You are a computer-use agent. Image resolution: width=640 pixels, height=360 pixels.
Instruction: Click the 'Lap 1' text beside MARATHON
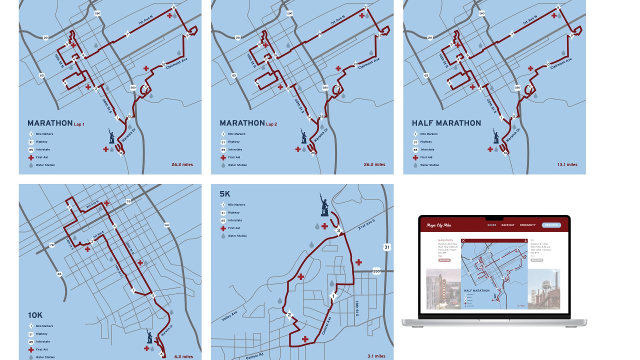(x=79, y=124)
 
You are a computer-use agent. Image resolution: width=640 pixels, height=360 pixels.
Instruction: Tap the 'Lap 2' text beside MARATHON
(x=271, y=124)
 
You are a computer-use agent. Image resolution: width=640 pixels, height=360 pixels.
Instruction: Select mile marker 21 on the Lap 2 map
(x=366, y=7)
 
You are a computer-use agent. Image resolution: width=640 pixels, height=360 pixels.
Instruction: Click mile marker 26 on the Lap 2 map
(x=312, y=153)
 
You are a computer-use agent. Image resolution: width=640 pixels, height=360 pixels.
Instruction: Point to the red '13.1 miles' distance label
(x=567, y=164)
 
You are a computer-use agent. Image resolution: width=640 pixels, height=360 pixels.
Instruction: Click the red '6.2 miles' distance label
(x=183, y=356)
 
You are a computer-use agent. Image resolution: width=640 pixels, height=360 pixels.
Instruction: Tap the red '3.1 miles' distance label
(x=375, y=356)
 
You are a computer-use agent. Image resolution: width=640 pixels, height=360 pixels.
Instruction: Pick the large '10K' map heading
(x=35, y=315)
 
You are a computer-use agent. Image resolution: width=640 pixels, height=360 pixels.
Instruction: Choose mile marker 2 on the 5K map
(x=289, y=315)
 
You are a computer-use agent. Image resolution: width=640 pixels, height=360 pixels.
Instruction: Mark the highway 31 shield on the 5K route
(x=386, y=247)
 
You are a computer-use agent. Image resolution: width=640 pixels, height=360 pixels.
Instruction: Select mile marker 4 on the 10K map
(x=114, y=226)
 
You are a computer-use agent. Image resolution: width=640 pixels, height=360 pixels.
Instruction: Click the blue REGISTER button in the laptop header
(x=551, y=225)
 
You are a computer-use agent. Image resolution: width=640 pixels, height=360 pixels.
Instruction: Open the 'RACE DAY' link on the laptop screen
(x=508, y=225)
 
